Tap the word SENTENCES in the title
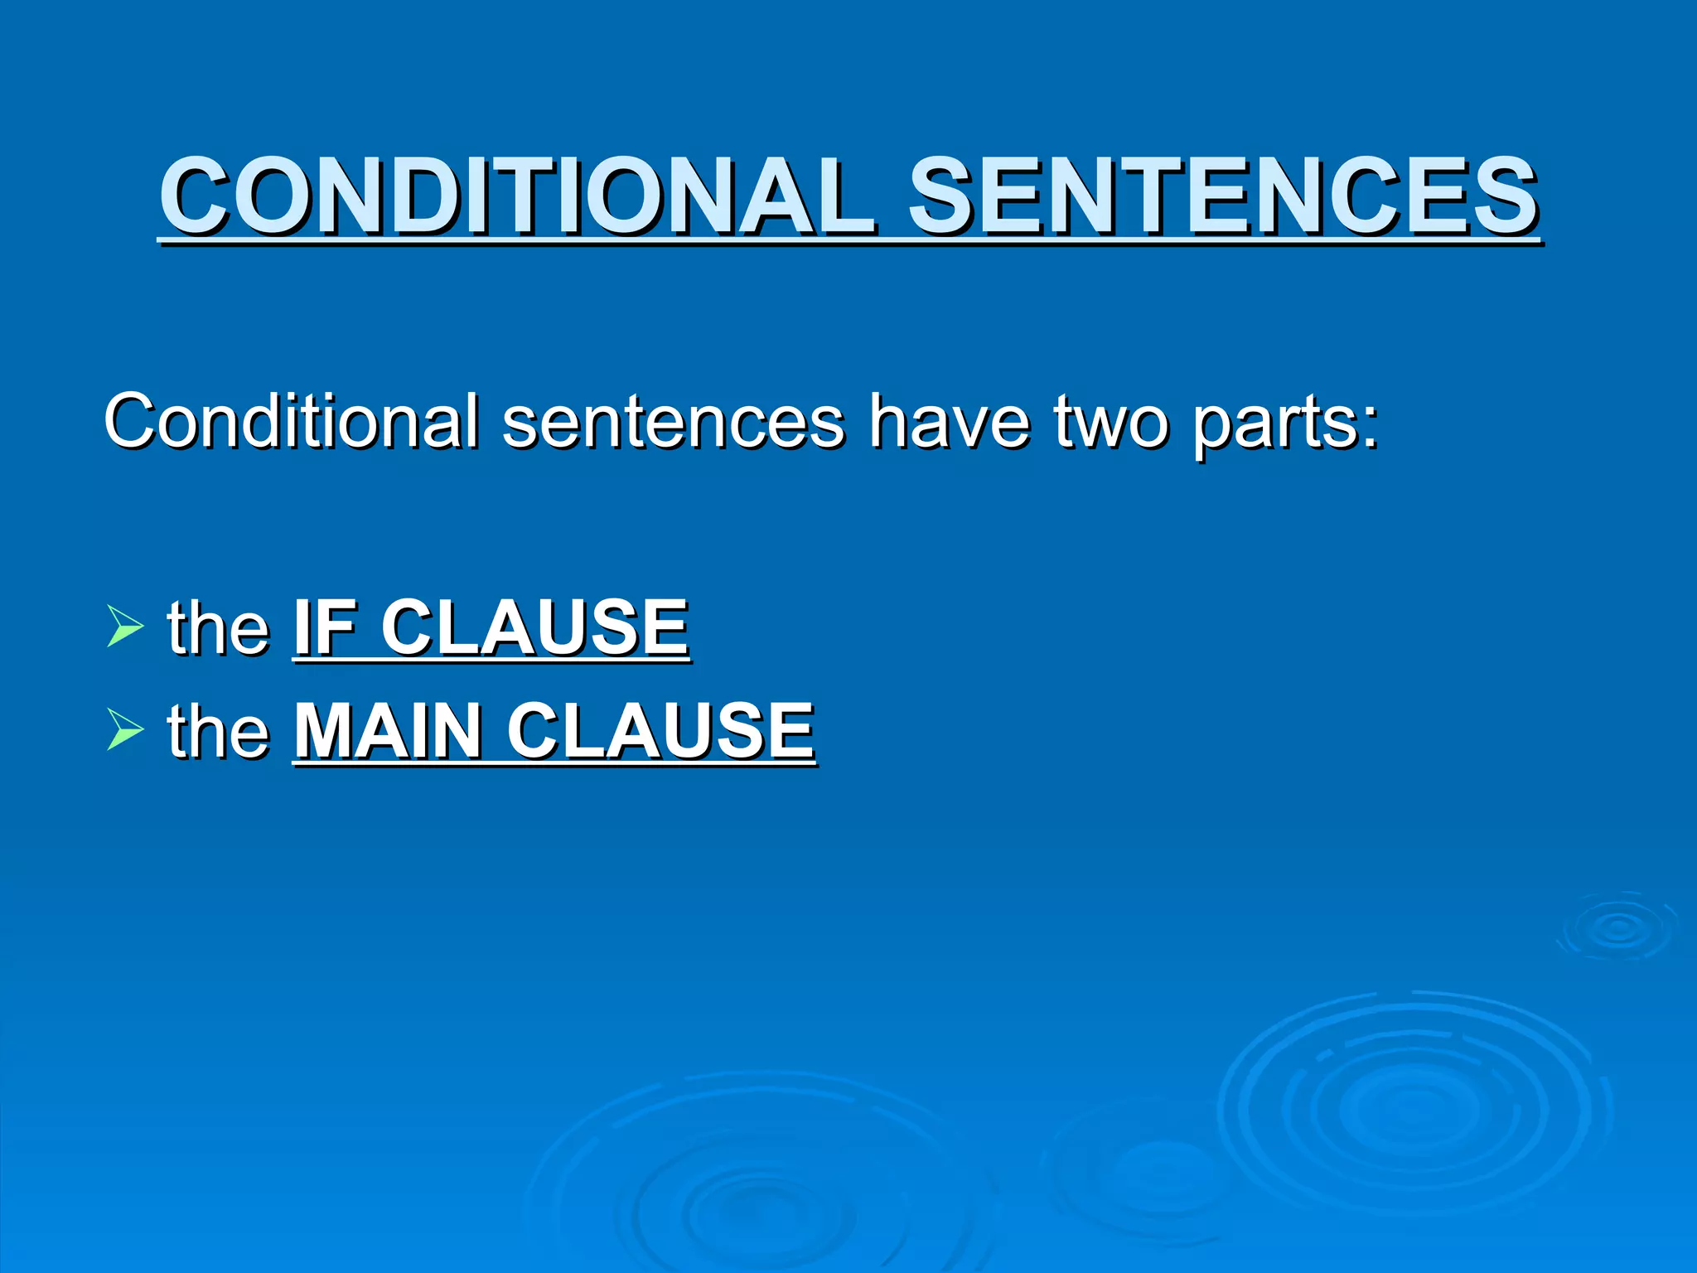tap(1223, 197)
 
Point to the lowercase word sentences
tap(673, 423)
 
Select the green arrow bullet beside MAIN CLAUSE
tap(125, 729)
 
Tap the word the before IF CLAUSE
tap(218, 627)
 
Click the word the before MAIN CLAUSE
tap(218, 730)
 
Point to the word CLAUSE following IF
tap(534, 627)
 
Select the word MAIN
tap(389, 730)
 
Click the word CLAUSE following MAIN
tap(660, 730)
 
